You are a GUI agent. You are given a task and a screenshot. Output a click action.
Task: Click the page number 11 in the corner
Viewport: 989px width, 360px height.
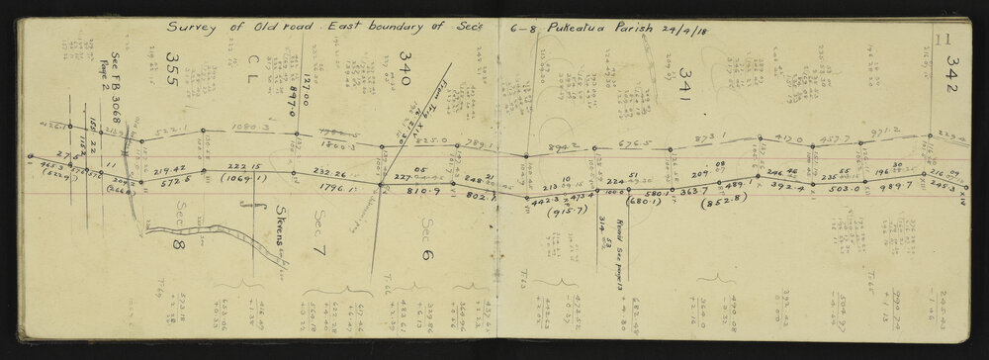coord(943,40)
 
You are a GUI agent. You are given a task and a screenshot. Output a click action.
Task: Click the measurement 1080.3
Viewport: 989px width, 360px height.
coord(249,128)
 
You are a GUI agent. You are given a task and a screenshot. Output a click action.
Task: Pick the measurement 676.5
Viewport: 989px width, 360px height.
coord(627,144)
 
